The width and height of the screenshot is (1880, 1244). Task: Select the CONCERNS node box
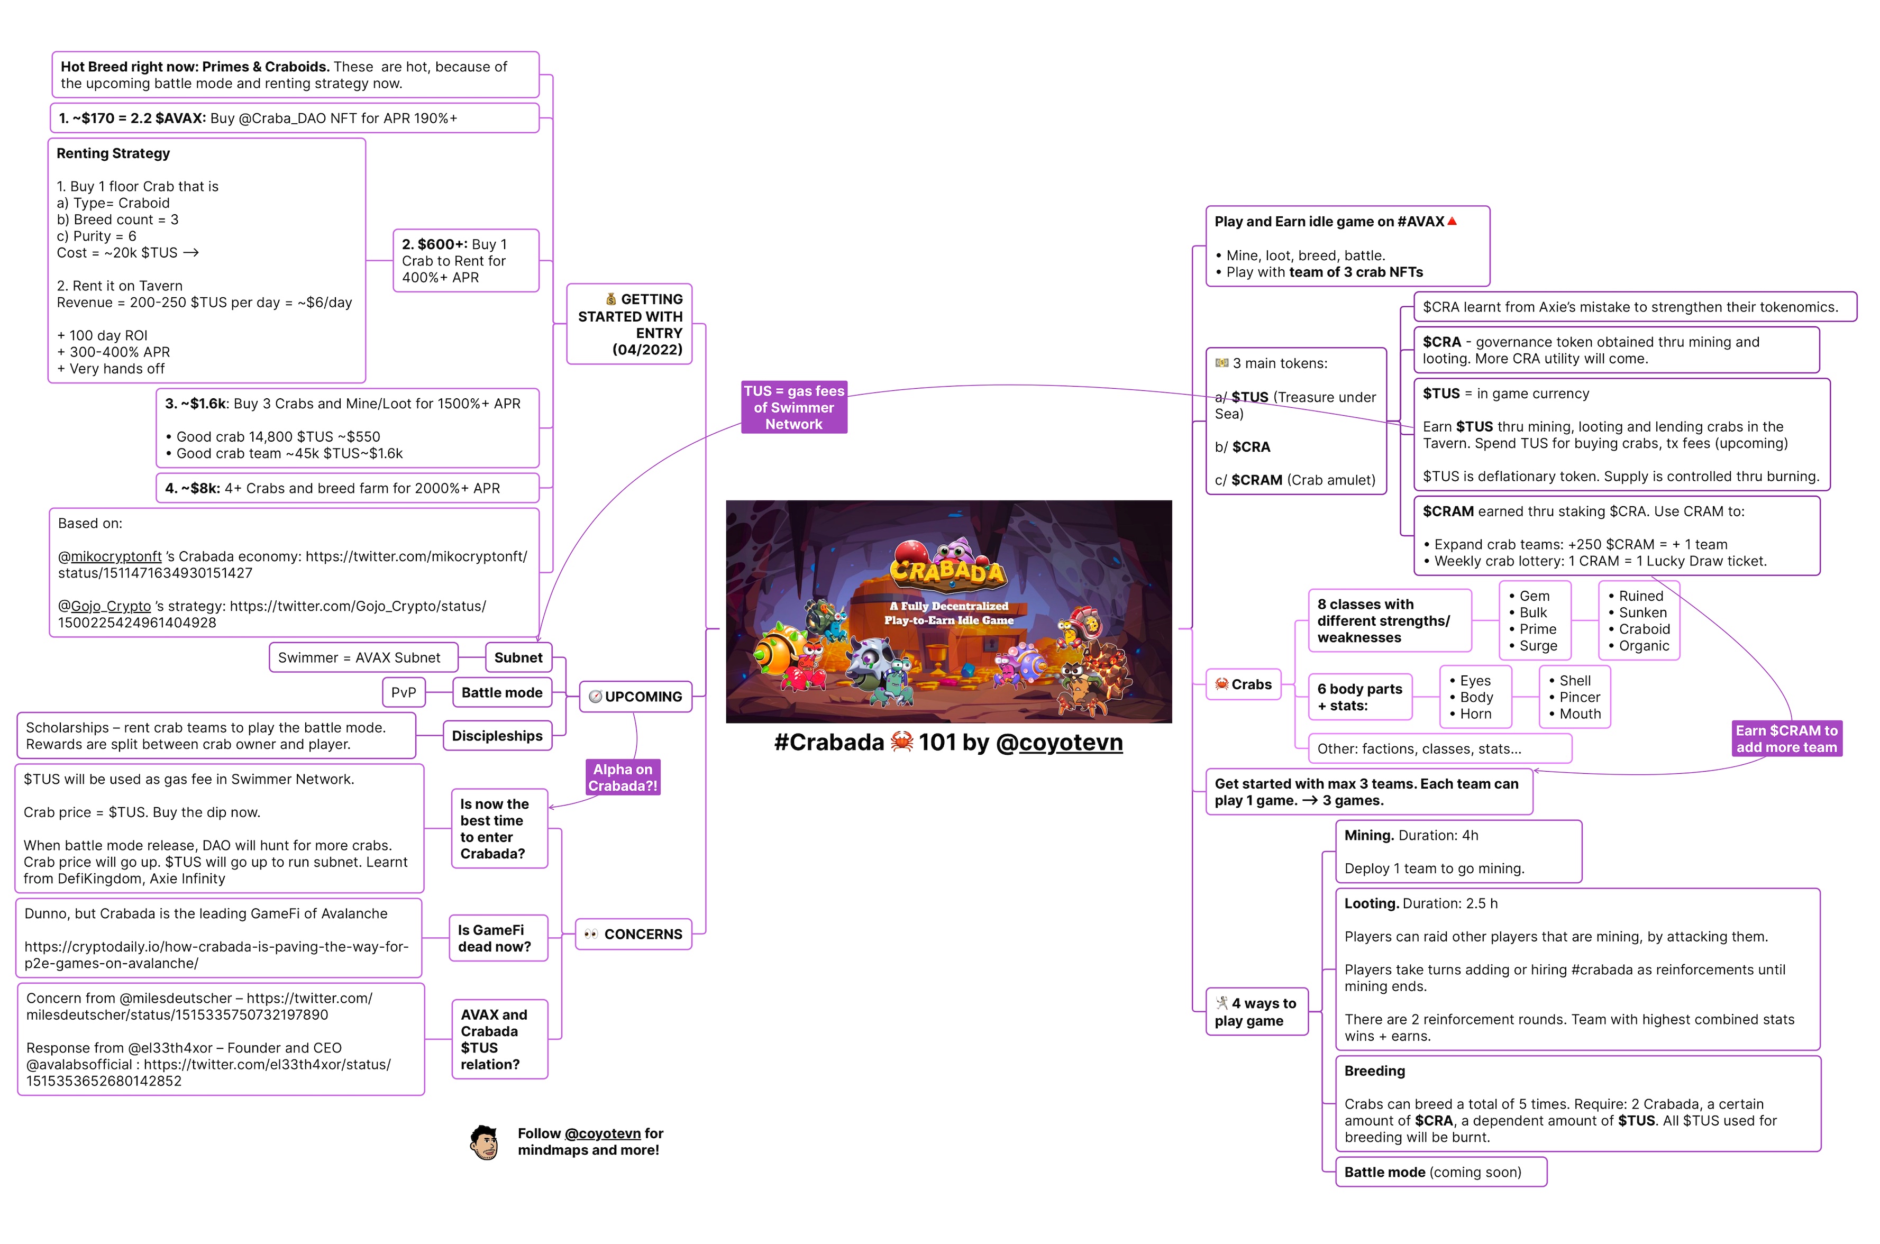point(633,935)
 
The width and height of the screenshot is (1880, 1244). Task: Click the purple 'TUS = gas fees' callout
point(793,407)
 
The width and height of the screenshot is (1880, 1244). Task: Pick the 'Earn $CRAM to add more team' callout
point(1786,738)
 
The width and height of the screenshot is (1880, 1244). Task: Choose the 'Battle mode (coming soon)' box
point(1440,1173)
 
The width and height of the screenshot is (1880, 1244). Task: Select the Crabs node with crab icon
point(1243,684)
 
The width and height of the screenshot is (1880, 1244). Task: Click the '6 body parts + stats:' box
point(1359,697)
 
